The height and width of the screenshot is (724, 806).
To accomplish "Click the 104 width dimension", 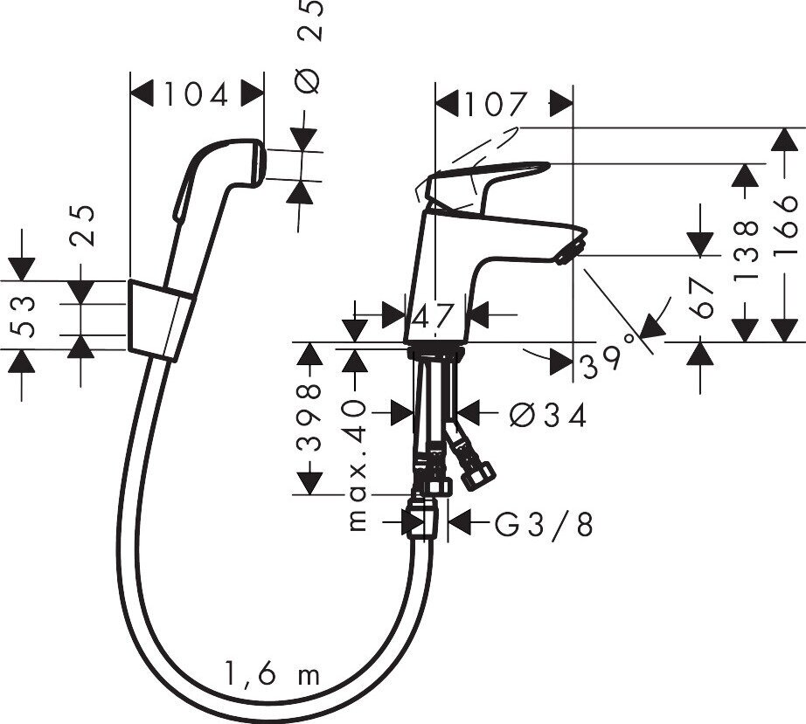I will coord(197,93).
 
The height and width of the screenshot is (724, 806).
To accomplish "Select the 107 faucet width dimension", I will coord(495,105).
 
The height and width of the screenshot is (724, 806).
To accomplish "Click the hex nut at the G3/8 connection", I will coord(426,522).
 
